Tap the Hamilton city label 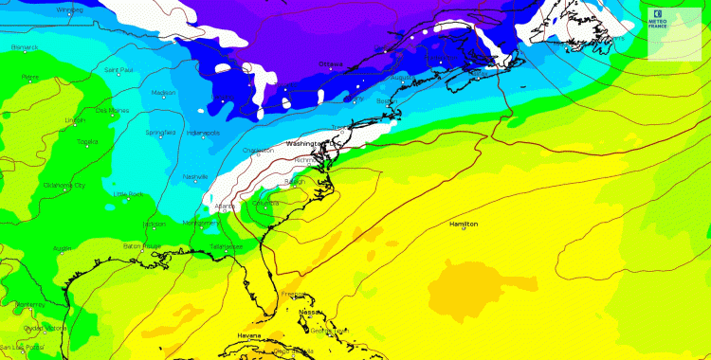(464, 224)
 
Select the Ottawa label (331, 64)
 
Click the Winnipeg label (70, 10)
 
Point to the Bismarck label (24, 46)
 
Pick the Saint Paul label (118, 69)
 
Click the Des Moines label (112, 110)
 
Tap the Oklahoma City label (64, 186)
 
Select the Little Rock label (129, 194)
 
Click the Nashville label (195, 176)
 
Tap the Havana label (248, 336)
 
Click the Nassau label (309, 312)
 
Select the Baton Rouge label (141, 246)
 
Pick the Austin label (63, 249)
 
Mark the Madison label (163, 92)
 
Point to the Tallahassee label (226, 246)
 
